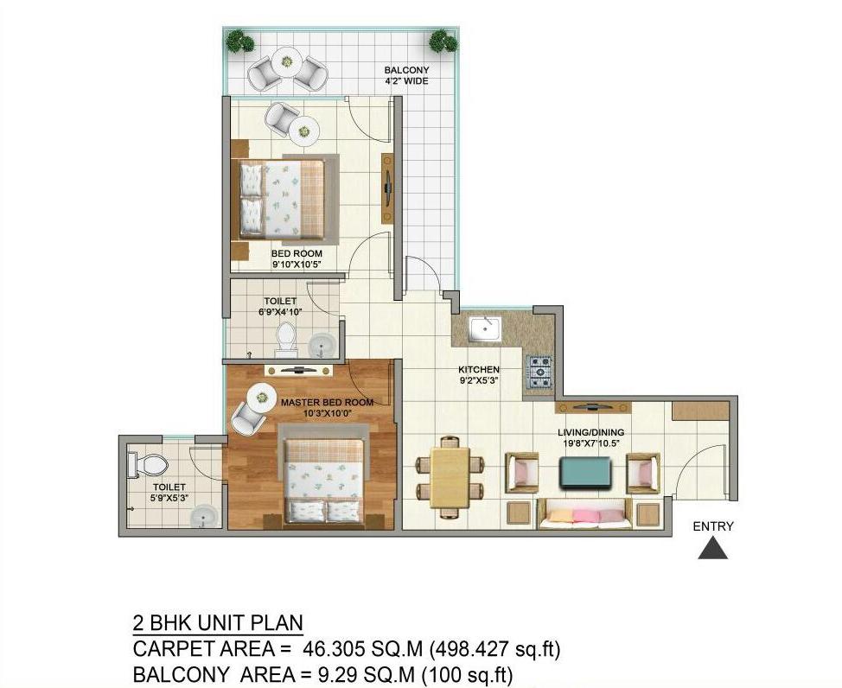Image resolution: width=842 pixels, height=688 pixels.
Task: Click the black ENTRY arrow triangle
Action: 712,550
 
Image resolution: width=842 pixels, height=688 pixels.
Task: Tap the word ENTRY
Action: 713,526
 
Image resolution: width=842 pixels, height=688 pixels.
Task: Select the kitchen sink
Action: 485,330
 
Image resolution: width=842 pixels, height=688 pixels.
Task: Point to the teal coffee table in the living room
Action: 584,473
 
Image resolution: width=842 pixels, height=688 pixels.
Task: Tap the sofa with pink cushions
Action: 584,514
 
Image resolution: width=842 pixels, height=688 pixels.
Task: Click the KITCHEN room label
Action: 478,370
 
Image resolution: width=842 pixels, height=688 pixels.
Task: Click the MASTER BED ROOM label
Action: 327,402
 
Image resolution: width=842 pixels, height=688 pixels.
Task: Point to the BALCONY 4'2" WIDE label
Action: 406,75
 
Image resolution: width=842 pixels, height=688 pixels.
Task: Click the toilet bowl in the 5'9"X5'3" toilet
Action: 148,465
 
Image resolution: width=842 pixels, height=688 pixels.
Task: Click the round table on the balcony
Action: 287,61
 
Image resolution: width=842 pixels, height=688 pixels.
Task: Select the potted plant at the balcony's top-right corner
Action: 443,41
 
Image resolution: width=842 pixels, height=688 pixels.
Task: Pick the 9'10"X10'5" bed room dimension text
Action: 297,264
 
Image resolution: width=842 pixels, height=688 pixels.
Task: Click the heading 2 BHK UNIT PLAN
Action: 218,623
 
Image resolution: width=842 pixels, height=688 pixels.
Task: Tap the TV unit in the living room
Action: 593,406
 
